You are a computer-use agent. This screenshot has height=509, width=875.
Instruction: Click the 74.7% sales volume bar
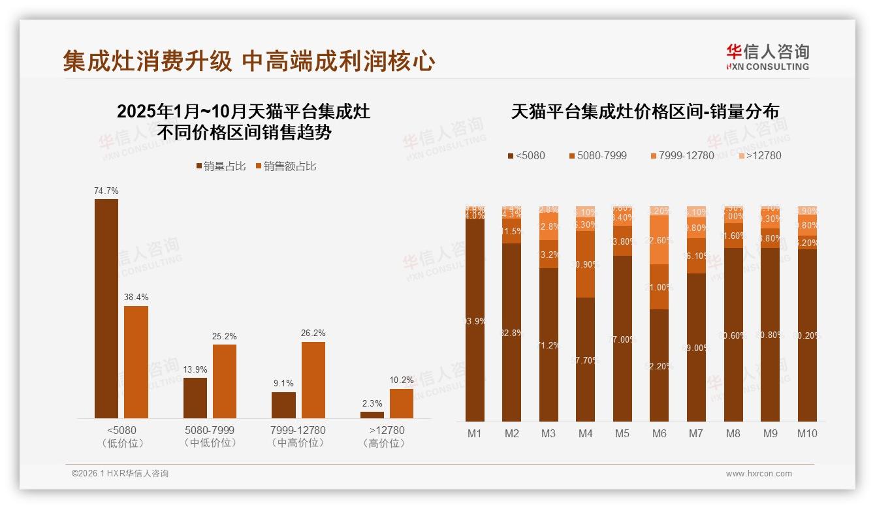pos(106,309)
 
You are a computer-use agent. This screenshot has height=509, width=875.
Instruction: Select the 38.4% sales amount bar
pos(136,362)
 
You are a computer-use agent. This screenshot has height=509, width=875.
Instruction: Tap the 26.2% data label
pos(313,333)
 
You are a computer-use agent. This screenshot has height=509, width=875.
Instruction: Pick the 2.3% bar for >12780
pos(372,415)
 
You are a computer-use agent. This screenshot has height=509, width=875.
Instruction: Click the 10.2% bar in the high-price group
pos(402,403)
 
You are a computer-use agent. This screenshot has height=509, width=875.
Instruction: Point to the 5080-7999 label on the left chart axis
pos(210,430)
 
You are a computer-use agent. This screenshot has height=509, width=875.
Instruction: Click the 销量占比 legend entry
pos(220,166)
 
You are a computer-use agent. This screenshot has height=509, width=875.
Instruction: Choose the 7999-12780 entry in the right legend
pos(682,155)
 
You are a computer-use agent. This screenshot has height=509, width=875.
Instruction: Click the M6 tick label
pos(660,433)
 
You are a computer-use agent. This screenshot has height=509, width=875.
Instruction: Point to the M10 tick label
pos(807,433)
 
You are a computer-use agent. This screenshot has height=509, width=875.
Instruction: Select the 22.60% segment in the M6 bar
pos(660,239)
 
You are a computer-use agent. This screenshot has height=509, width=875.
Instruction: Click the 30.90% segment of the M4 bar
pos(586,264)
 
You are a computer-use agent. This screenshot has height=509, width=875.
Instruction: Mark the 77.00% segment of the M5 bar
pos(622,339)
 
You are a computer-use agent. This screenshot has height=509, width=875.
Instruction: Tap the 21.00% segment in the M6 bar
pos(660,287)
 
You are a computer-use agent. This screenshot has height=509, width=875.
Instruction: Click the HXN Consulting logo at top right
pos(767,57)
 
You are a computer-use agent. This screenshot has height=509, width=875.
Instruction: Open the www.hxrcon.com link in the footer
pos(759,474)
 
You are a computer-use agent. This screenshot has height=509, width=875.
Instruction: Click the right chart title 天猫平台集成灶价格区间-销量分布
pos(644,111)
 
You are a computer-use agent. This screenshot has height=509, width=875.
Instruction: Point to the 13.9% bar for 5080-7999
pos(195,398)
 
